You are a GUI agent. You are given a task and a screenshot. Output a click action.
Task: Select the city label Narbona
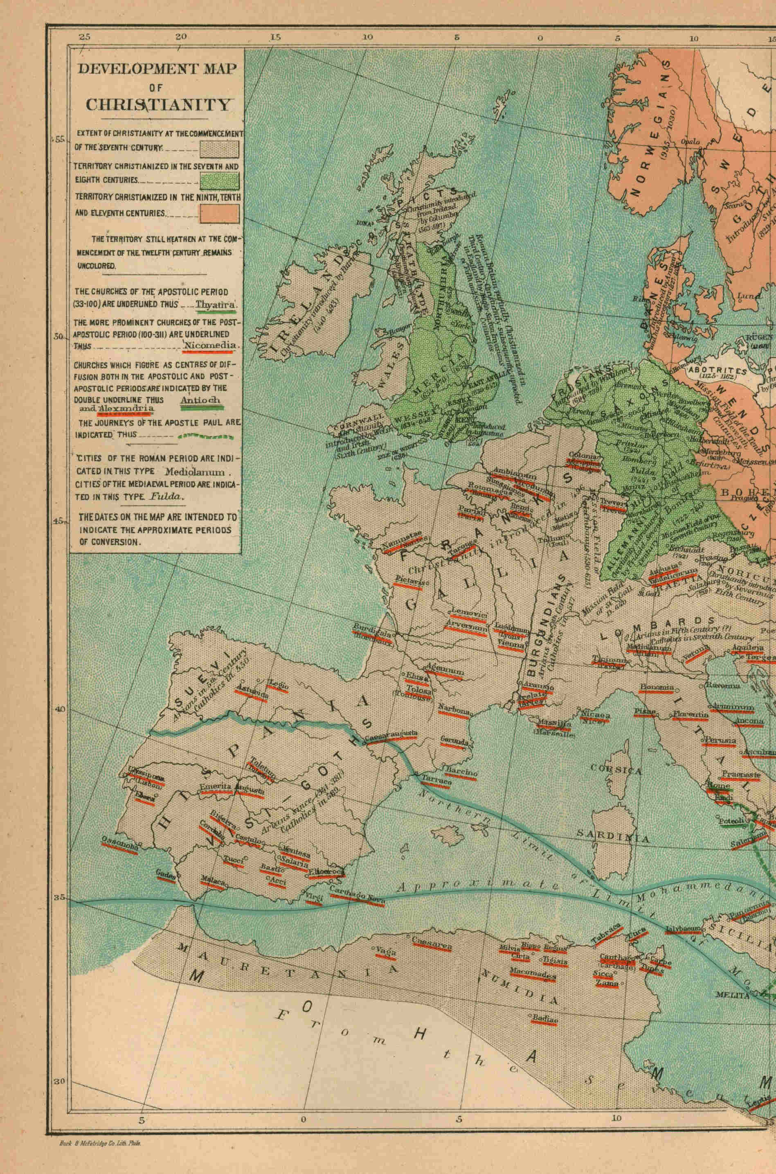tap(453, 711)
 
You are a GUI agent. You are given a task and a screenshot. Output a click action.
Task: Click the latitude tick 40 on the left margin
tap(60, 709)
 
